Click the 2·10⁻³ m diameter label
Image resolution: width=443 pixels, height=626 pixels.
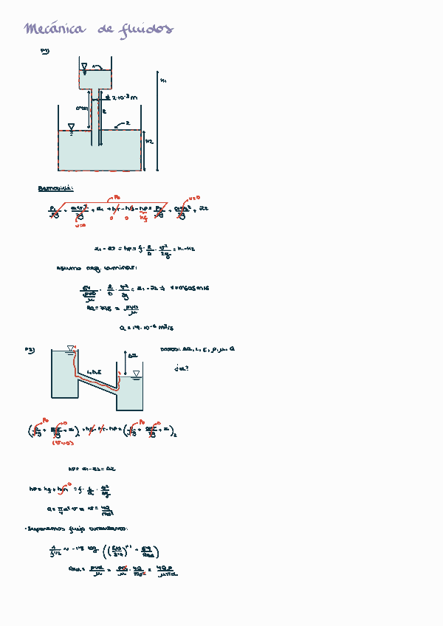pyautogui.click(x=123, y=97)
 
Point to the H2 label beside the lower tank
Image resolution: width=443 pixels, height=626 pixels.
pyautogui.click(x=149, y=140)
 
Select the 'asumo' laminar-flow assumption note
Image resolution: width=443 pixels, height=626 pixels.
pyautogui.click(x=81, y=268)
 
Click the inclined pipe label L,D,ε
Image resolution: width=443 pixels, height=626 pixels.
pyautogui.click(x=94, y=371)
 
